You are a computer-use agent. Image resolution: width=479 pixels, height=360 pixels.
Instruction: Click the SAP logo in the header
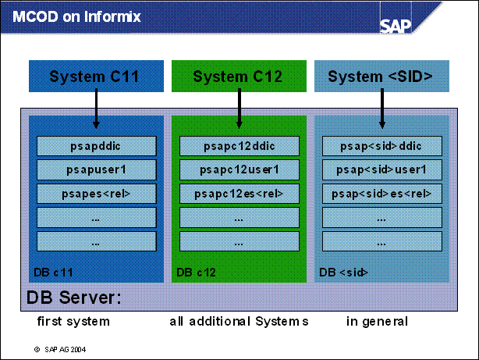[x=396, y=24]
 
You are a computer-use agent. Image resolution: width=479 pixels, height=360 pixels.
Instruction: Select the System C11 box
[x=95, y=77]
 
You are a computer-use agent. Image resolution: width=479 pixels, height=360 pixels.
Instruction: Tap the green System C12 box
[x=238, y=77]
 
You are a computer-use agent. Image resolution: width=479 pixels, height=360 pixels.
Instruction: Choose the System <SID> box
[x=381, y=77]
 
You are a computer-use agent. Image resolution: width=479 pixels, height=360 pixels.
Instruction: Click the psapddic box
[x=97, y=145]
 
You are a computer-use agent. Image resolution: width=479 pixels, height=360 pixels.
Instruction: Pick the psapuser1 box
[x=97, y=169]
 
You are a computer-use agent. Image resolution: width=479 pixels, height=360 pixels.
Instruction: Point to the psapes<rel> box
[x=97, y=194]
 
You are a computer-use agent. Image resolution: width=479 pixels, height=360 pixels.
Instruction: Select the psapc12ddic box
[x=239, y=145]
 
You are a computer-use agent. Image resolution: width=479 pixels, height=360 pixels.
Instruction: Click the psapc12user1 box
[x=239, y=169]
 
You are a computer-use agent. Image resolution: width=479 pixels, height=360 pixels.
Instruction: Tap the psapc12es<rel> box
[x=239, y=194]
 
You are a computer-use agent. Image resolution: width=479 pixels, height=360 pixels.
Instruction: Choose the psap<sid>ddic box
[x=382, y=145]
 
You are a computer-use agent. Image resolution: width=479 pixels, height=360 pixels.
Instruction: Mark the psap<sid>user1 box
[x=382, y=169]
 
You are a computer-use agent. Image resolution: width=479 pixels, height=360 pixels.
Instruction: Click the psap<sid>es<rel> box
[x=382, y=194]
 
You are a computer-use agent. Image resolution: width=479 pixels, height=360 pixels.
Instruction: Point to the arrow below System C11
[x=96, y=109]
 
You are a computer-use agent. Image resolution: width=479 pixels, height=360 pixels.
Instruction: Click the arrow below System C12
[x=239, y=109]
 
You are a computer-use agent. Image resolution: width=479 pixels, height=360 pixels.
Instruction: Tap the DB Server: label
[x=74, y=298]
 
